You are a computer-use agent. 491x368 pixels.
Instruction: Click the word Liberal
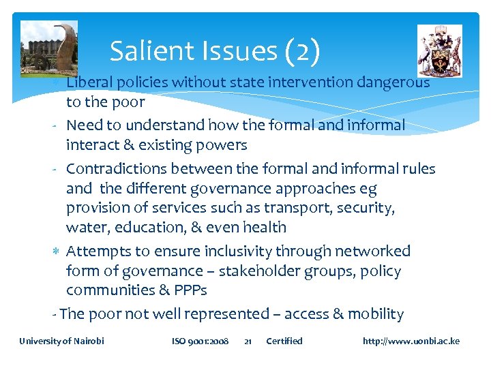(92, 83)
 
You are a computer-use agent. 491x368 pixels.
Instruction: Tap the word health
(263, 228)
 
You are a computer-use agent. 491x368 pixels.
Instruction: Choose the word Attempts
(100, 251)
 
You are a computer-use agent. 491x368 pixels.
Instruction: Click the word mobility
(376, 314)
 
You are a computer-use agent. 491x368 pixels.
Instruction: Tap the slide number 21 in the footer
(248, 341)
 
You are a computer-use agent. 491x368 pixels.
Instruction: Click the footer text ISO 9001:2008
(200, 341)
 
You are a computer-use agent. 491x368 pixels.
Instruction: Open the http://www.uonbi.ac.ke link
(411, 341)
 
